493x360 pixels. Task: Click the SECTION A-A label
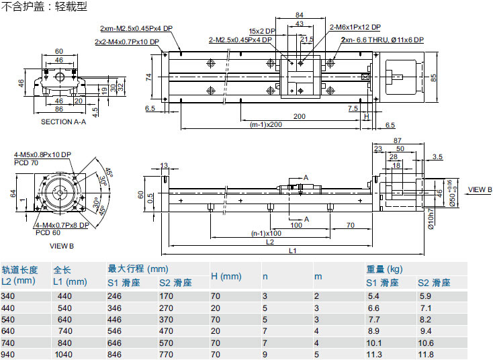64,122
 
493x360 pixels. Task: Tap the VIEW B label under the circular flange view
62,246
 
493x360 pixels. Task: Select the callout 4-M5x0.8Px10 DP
42,154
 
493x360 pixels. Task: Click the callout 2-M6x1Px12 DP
355,27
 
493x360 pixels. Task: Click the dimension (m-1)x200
266,124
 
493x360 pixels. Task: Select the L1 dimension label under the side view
293,251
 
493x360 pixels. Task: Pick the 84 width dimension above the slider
300,15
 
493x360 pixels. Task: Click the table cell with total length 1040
64,355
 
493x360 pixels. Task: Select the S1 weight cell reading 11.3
374,355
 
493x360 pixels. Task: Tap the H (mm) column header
226,276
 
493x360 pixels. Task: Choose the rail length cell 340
8,296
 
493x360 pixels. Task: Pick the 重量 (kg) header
385,269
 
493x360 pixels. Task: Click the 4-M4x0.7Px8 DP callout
62,226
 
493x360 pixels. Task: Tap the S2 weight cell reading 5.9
425,296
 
